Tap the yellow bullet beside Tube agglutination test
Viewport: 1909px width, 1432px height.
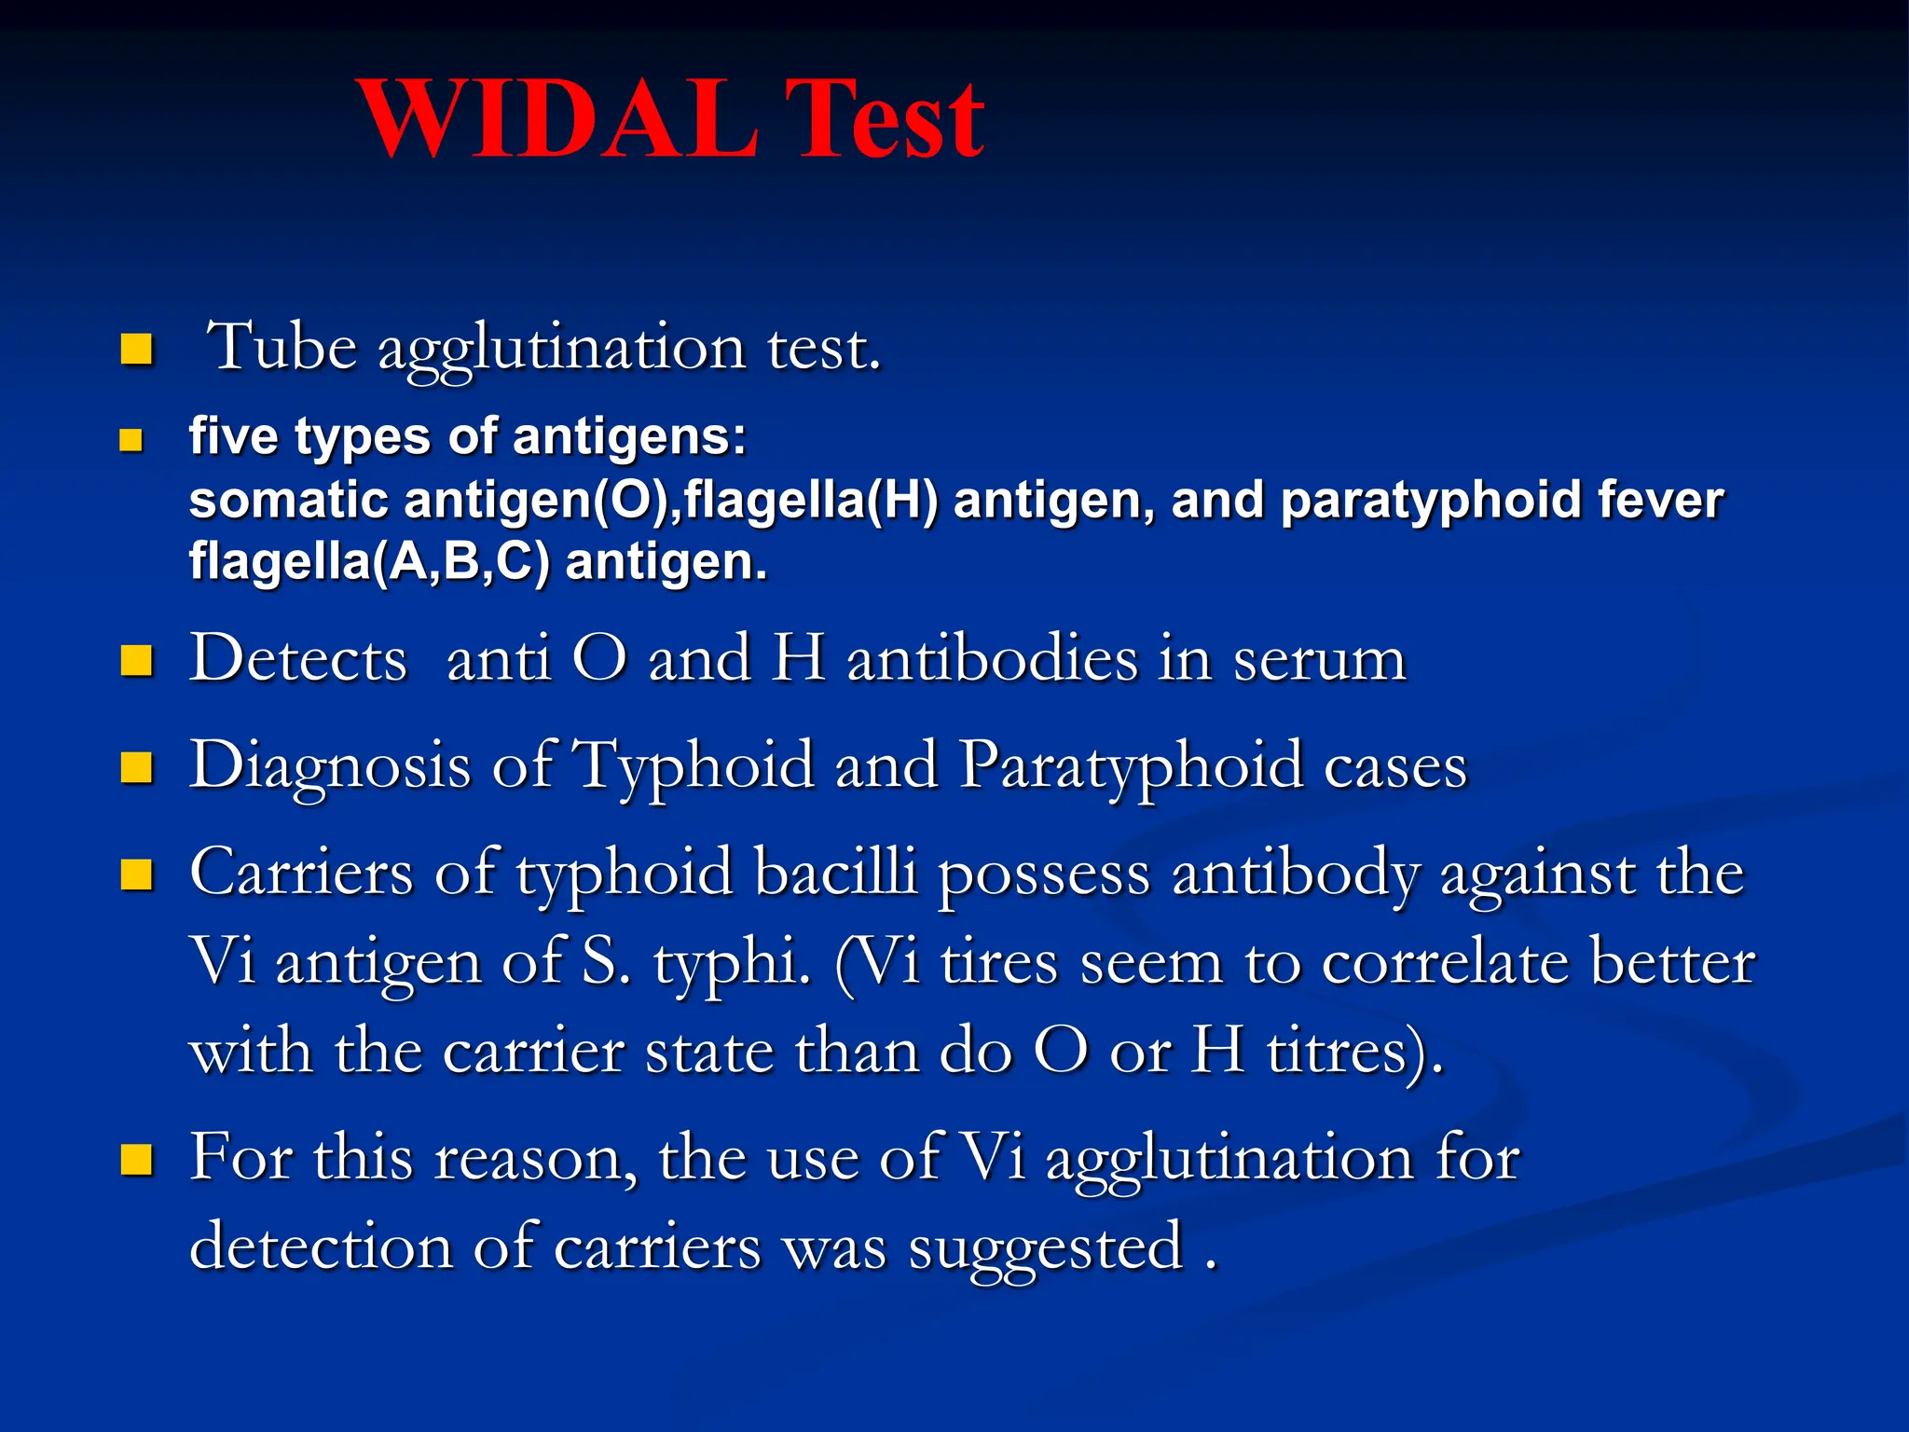tap(136, 350)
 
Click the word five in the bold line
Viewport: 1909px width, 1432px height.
tap(233, 435)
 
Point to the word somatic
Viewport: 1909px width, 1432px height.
tap(288, 500)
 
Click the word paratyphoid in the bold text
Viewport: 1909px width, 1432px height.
tap(1431, 502)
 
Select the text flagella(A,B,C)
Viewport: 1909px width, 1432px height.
tap(369, 562)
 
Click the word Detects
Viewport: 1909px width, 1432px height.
tap(298, 659)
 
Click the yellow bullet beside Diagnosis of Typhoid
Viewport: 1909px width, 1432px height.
tap(136, 767)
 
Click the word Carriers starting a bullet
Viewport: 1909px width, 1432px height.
tap(301, 874)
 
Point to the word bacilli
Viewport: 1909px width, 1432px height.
tap(835, 874)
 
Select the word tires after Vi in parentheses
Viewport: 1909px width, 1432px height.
tap(998, 963)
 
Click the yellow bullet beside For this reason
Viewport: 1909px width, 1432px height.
tap(136, 1160)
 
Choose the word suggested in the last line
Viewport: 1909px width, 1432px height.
tap(1045, 1248)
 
